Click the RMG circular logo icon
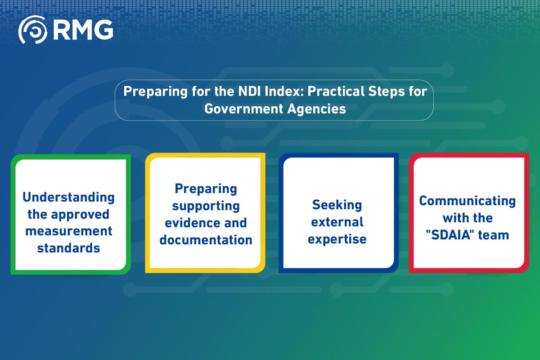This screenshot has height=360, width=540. tap(32, 30)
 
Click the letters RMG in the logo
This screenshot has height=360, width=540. tap(82, 30)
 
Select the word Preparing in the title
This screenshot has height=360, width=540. tap(150, 91)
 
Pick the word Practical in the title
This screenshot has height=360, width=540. tap(327, 91)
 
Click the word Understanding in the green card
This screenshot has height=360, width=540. tap(69, 197)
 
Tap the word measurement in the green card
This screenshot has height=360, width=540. tap(69, 231)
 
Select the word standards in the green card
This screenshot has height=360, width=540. tap(69, 248)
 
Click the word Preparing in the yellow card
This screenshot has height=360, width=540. tap(206, 189)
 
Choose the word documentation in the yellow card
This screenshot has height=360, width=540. tap(206, 240)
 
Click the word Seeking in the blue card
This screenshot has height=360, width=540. tap(337, 205)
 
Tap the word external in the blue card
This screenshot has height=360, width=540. tap(337, 222)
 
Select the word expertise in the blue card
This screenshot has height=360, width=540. tap(337, 239)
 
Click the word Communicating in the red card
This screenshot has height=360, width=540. tap(467, 201)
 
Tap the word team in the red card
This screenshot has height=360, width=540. tap(494, 234)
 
